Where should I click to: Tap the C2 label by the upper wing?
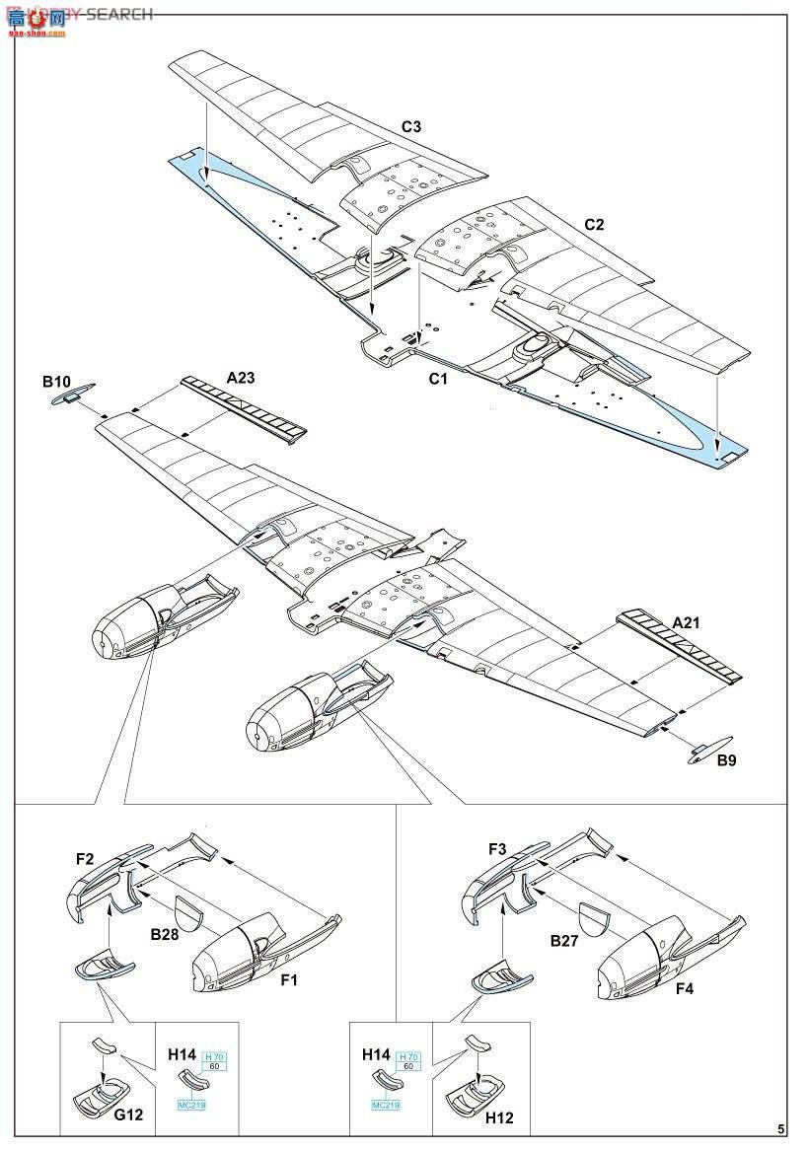593,224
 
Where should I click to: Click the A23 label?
241,377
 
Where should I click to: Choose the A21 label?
690,621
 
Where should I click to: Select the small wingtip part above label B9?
710,746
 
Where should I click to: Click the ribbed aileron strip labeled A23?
244,407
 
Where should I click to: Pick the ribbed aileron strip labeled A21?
678,647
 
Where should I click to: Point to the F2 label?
86,858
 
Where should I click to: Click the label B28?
165,933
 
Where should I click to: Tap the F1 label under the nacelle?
288,980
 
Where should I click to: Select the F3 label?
497,848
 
